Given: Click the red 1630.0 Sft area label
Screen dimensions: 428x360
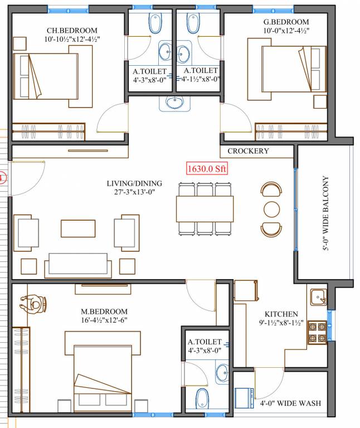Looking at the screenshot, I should pyautogui.click(x=207, y=168).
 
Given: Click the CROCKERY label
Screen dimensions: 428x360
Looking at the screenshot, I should pyautogui.click(x=248, y=151).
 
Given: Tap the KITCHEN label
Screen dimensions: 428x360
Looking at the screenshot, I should pyautogui.click(x=281, y=314).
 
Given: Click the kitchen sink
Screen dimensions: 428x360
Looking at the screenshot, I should pyautogui.click(x=317, y=297).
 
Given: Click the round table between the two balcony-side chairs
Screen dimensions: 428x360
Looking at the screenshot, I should pyautogui.click(x=271, y=209).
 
